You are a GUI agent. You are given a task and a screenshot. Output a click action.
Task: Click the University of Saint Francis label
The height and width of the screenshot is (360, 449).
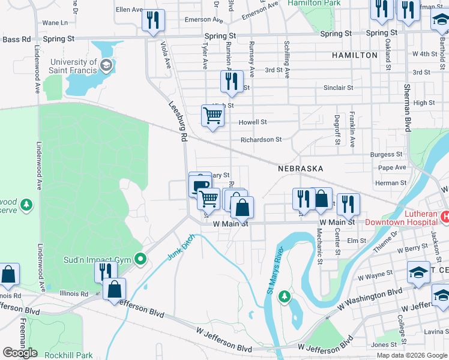pos(74,66)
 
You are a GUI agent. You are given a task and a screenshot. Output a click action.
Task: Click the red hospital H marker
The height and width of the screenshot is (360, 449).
pos(445,216)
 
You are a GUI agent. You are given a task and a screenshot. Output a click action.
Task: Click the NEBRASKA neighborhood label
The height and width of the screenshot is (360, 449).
pos(301,169)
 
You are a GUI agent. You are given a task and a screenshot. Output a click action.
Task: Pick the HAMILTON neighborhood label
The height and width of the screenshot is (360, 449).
pos(354,55)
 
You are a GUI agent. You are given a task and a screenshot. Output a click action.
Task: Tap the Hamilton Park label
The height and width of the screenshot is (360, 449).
pos(314,3)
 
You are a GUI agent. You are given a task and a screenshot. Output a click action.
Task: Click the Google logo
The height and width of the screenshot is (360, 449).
pos(20,353)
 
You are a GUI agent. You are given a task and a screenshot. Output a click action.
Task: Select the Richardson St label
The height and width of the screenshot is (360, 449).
pos(261,140)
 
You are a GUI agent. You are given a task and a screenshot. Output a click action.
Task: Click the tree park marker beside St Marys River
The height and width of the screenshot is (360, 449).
pos(285,296)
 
